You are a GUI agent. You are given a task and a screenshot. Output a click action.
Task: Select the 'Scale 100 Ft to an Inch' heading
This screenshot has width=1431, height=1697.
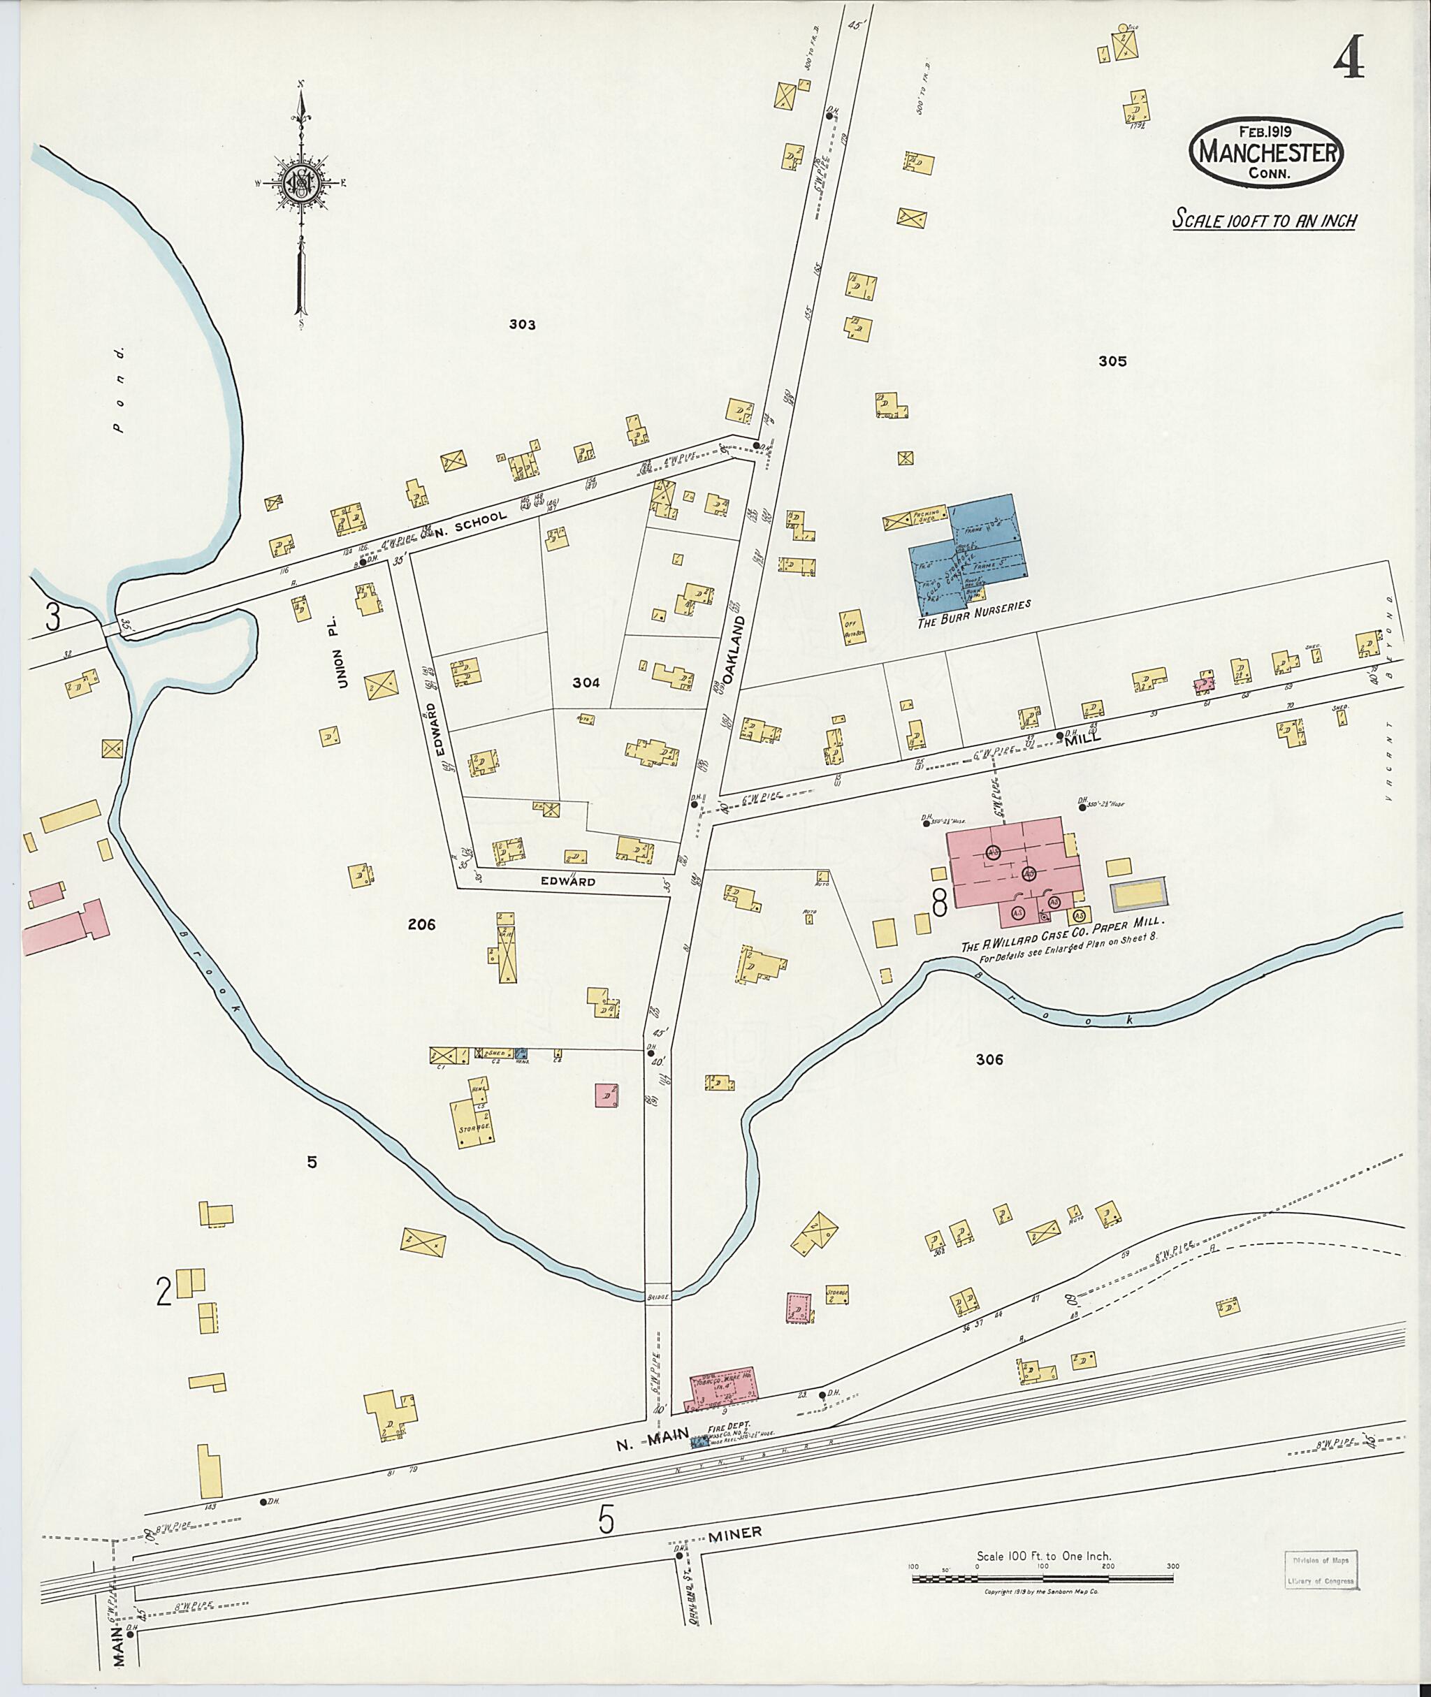1264,220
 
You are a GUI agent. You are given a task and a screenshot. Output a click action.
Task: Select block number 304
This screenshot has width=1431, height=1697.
586,683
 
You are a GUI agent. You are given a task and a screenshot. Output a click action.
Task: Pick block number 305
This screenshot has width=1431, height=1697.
1112,362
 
